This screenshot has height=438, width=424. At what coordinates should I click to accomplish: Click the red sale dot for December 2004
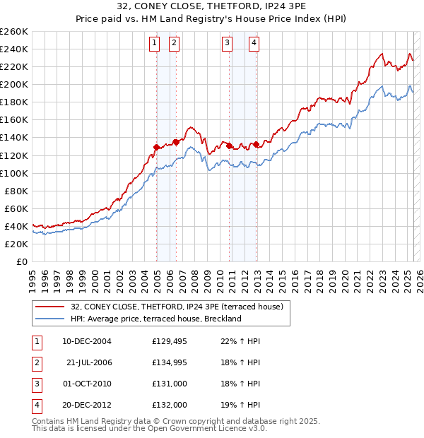click(156, 147)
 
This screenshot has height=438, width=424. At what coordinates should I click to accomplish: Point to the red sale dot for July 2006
click(176, 142)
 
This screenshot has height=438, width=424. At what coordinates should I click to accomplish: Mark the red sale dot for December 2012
click(256, 145)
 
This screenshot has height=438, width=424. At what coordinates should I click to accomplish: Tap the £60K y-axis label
click(16, 208)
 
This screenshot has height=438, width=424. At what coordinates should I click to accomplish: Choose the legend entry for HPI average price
click(155, 319)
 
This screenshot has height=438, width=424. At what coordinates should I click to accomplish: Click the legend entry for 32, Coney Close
click(177, 307)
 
